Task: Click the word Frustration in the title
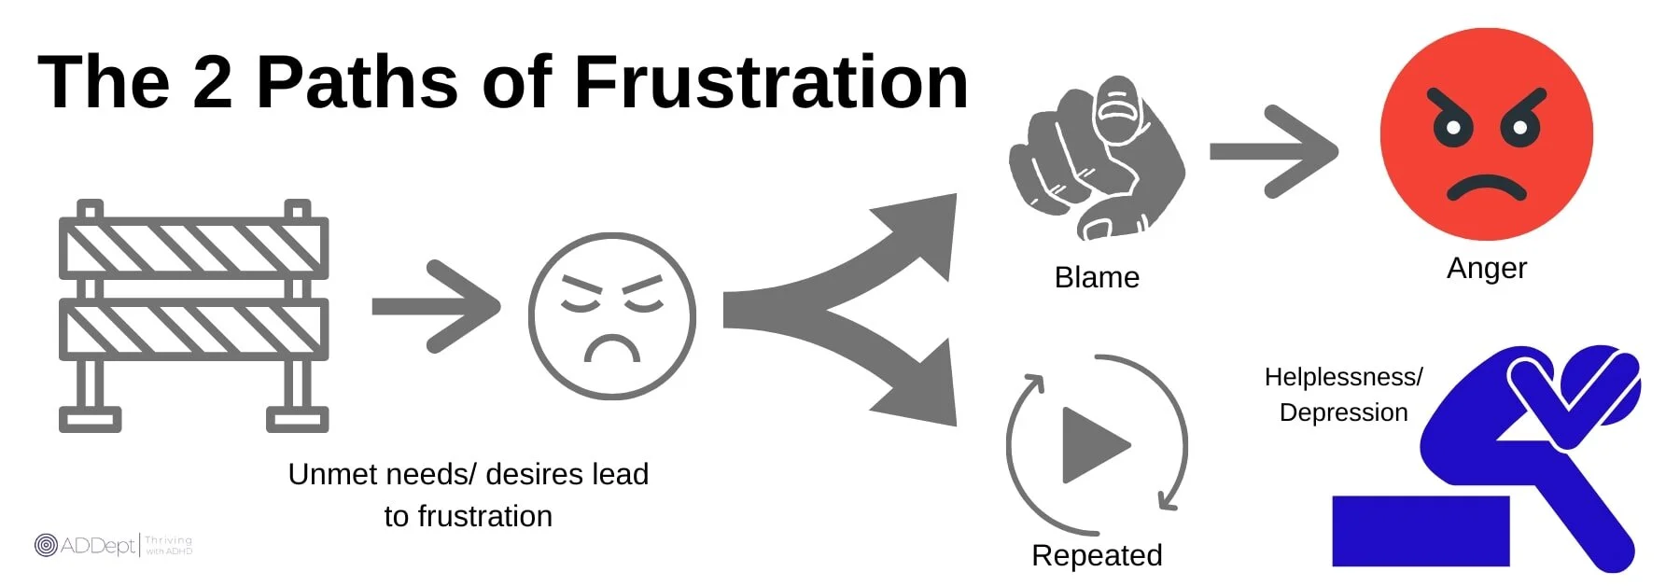771,82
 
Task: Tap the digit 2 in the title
212,82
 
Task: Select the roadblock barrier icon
193,315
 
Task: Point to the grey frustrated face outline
611,315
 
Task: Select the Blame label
1097,277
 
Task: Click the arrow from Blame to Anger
1273,151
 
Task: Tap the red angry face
1486,134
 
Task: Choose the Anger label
1486,268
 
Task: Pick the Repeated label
1097,555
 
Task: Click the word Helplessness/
1343,377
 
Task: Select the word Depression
1343,412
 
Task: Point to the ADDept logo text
97,545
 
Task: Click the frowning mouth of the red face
1486,188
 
